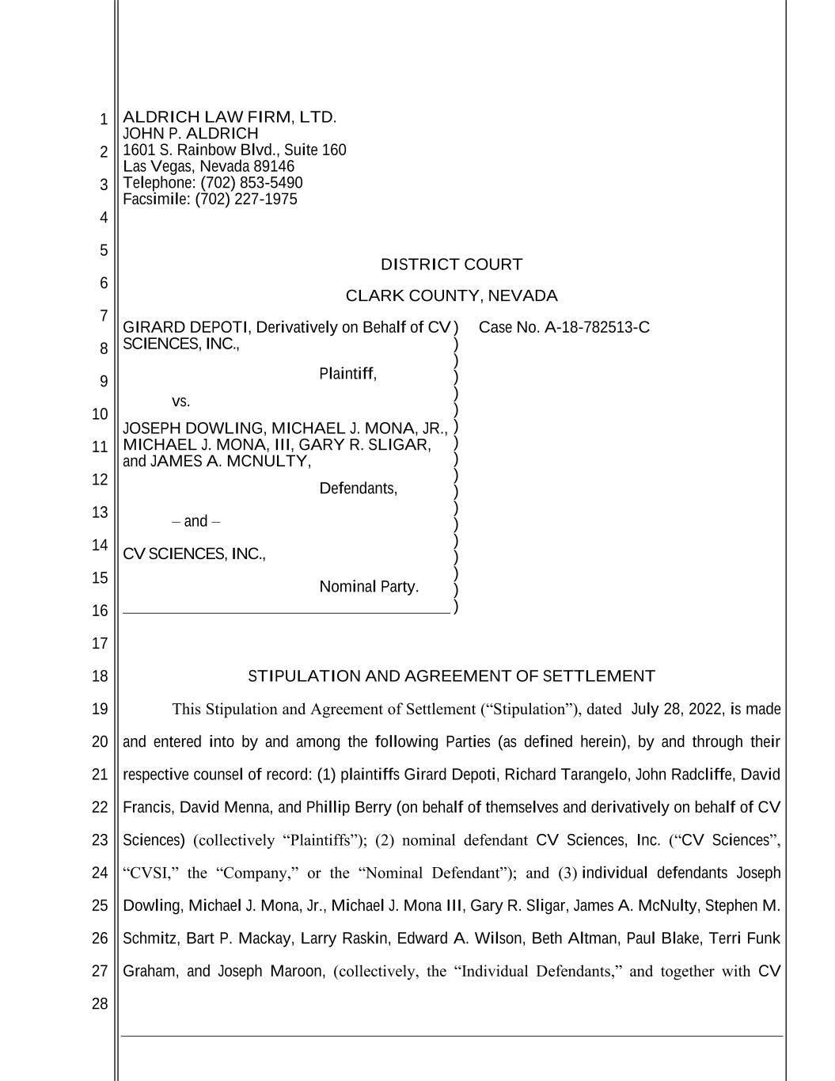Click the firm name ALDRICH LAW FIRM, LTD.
[230, 117]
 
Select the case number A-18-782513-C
[597, 327]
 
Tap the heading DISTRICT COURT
[451, 265]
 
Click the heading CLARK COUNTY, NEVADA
[451, 296]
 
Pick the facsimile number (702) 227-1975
[246, 199]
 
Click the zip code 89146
[273, 166]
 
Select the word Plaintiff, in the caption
[347, 374]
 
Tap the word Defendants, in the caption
[358, 489]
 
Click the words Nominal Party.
[369, 587]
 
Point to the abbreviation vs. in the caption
[180, 401]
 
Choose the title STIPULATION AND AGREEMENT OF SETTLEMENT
[451, 676]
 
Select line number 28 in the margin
[100, 1004]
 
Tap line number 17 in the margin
[100, 643]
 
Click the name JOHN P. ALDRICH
[191, 134]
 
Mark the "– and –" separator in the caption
[195, 521]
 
